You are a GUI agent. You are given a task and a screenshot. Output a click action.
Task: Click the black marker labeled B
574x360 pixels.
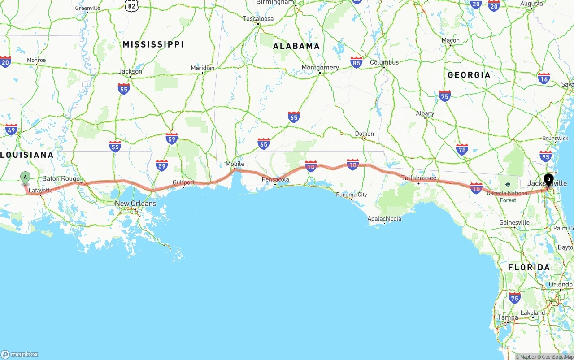pos(548,180)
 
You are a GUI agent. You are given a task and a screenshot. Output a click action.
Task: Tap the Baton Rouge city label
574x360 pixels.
pos(61,178)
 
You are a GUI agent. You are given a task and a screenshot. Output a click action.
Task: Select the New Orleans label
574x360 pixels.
pos(135,204)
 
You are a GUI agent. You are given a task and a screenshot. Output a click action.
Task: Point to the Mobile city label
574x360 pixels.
pos(235,164)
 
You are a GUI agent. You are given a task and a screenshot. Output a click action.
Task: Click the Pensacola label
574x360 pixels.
pos(275,179)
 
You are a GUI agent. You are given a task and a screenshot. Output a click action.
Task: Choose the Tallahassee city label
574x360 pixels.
pos(419,178)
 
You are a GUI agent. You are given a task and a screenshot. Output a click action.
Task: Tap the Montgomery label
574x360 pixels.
pos(320,67)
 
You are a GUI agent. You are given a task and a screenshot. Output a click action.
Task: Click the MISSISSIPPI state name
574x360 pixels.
pos(153,44)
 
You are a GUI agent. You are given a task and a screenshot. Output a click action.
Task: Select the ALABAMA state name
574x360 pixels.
pos(296,46)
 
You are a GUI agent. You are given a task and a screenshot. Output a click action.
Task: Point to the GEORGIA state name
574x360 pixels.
pos(469,75)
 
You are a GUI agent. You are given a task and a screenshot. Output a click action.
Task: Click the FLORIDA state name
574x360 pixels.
pos(529,267)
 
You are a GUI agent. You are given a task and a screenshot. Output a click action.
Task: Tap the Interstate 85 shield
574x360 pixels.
pos(357,62)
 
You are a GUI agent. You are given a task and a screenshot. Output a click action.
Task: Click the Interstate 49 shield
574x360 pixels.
pos(11,130)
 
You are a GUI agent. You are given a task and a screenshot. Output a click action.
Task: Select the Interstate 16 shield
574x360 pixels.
pos(544,78)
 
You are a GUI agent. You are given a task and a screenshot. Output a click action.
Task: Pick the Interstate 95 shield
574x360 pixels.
pos(546,156)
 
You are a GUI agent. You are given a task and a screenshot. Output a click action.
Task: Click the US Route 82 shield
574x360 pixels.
pos(131,5)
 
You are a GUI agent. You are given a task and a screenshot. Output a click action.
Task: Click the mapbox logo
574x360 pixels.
pos(20,354)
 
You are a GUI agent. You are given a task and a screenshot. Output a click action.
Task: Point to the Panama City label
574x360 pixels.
pos(352,195)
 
